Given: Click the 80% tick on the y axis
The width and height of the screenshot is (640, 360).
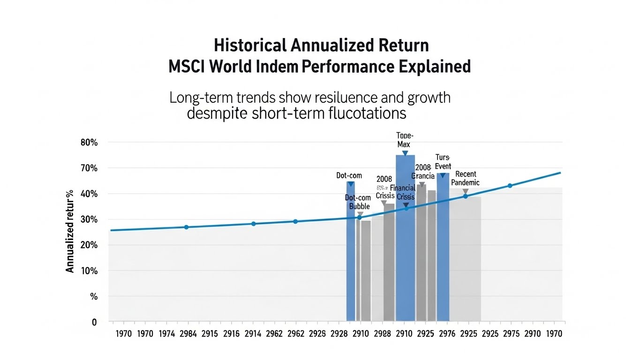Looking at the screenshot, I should point(89,142).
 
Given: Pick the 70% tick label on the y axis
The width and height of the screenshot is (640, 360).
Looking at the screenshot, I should point(89,168).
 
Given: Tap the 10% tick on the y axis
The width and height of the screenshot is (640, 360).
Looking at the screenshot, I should point(89,271).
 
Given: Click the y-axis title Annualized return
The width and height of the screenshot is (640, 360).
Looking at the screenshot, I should point(70,231).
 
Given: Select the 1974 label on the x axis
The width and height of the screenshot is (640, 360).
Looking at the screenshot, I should point(166,334).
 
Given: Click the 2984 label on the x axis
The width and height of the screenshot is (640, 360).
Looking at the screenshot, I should point(188,334).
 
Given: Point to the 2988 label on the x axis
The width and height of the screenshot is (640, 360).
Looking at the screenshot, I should point(383,334).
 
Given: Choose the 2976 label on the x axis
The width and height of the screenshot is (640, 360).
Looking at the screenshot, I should point(447,334).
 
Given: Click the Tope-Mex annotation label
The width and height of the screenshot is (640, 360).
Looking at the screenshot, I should point(404,140).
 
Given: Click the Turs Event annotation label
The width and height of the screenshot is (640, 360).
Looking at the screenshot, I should point(443,162).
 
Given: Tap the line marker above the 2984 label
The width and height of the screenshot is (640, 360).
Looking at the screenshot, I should point(186,227).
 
